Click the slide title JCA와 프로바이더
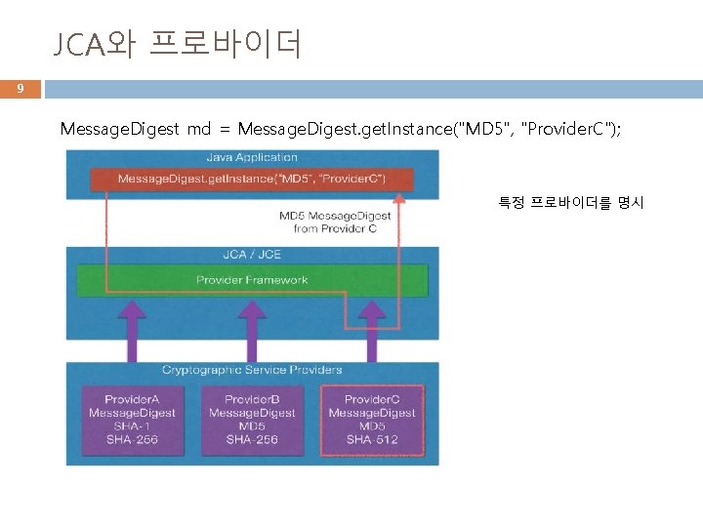point(177,44)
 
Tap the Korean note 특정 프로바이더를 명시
point(570,203)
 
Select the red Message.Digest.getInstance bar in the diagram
point(252,179)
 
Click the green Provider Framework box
point(252,280)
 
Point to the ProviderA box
point(132,420)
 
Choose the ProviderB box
point(252,420)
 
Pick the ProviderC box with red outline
point(372,420)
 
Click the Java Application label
point(252,157)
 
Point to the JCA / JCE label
point(252,254)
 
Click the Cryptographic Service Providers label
point(252,370)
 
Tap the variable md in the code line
point(195,129)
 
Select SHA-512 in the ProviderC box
point(372,439)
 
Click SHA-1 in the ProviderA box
point(132,426)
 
